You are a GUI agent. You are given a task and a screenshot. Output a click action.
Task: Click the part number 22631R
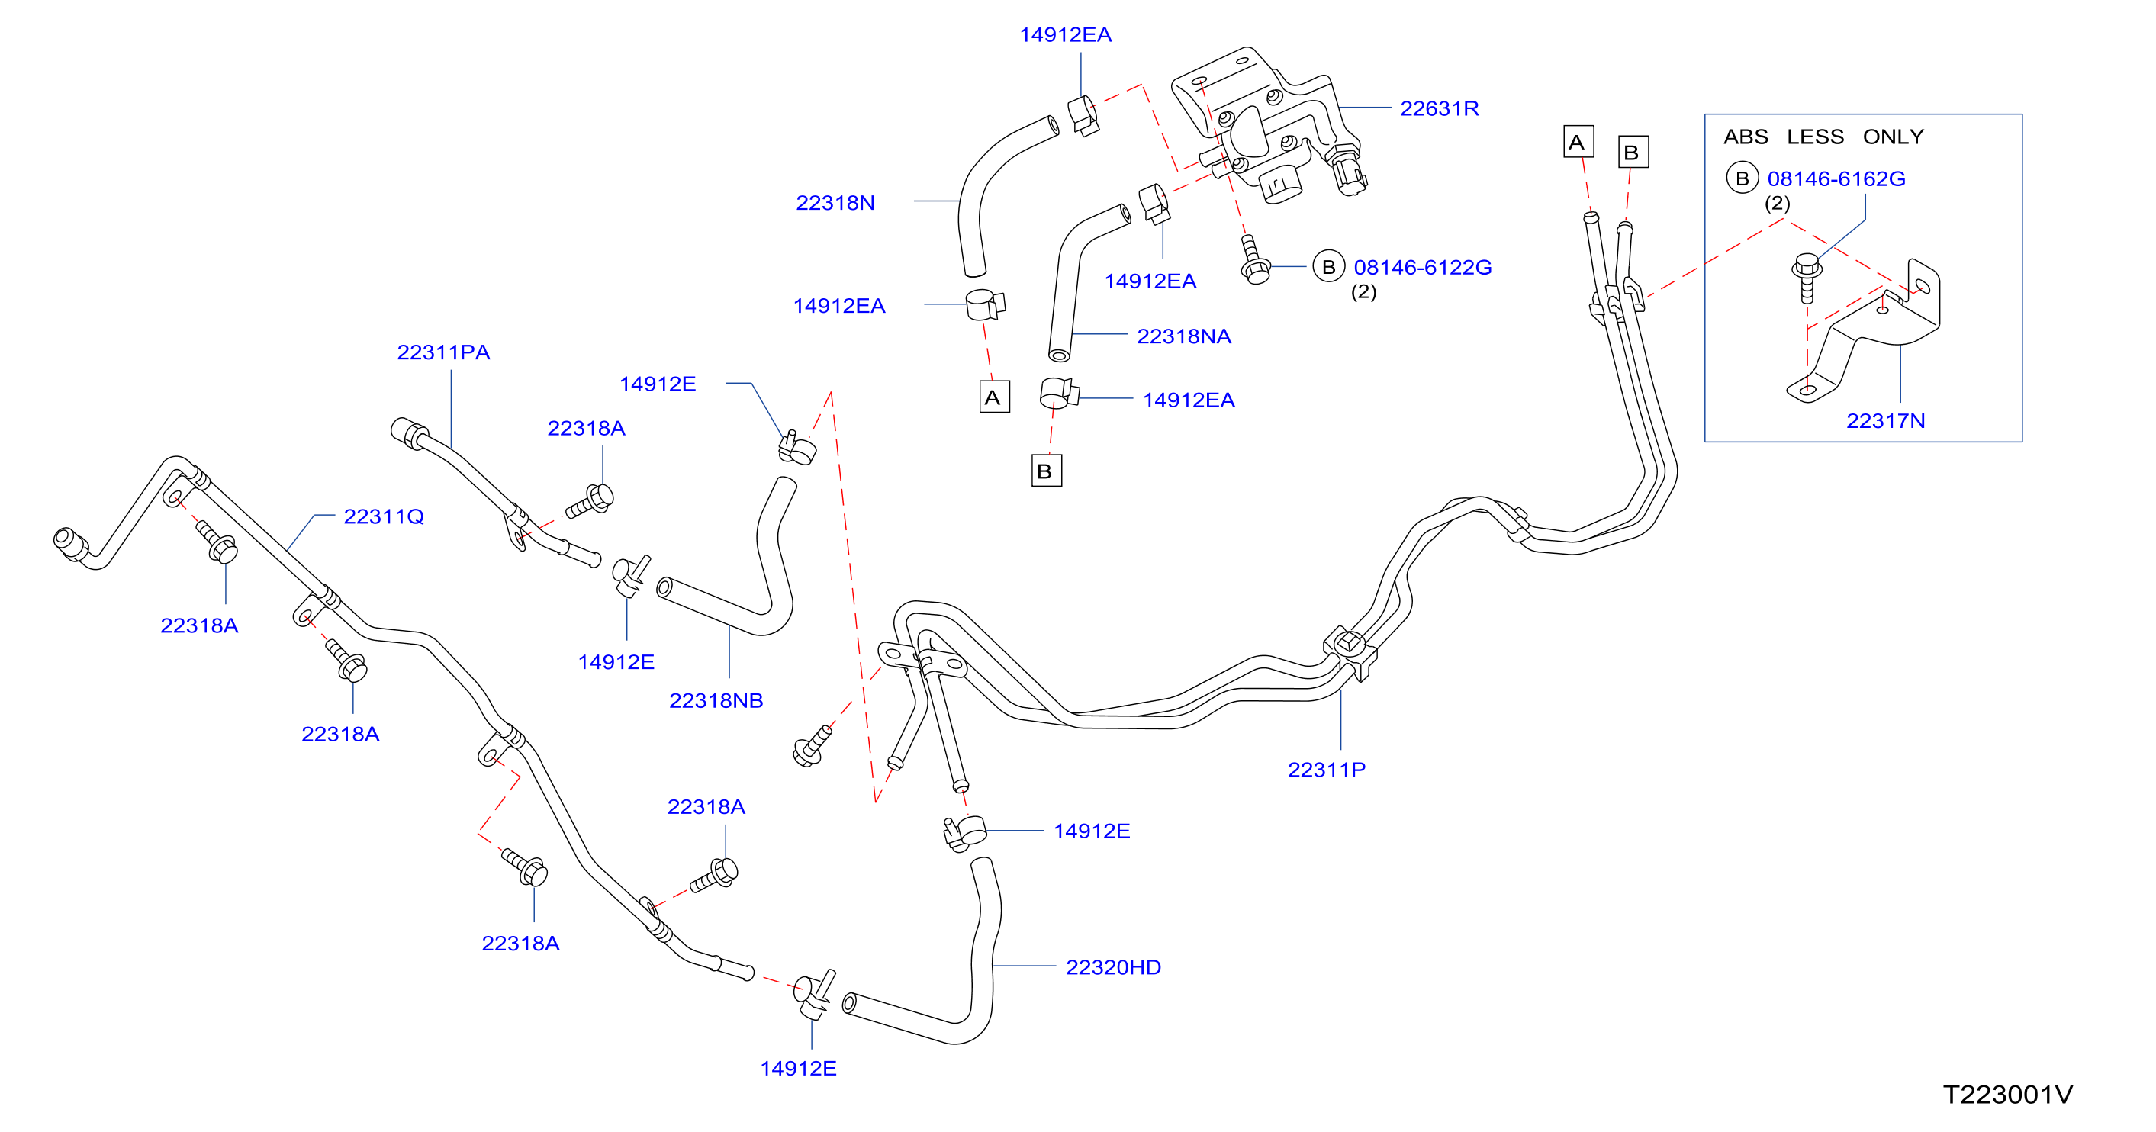[x=1439, y=109]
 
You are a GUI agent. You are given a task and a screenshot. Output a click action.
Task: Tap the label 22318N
[x=835, y=204]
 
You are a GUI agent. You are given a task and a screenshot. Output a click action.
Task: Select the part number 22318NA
[x=1183, y=336]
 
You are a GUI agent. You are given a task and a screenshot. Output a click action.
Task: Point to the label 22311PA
[x=442, y=352]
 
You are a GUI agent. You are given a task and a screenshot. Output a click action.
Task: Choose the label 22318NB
[x=716, y=701]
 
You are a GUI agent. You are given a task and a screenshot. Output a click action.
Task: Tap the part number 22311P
[x=1326, y=770]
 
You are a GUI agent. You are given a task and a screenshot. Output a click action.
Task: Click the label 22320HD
[x=1112, y=968]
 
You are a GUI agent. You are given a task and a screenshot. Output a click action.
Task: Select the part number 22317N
[x=1885, y=421]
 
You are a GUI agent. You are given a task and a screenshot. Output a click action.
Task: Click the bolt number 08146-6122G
[x=1422, y=268]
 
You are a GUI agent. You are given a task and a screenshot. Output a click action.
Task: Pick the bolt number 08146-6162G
[x=1836, y=179]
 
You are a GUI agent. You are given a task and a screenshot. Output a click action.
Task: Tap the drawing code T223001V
[x=2007, y=1095]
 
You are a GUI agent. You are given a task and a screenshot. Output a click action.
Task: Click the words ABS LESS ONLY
[x=1823, y=137]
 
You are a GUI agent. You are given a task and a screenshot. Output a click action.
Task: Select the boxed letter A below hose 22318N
[x=994, y=397]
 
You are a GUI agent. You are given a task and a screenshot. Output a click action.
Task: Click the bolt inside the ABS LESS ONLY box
[x=1807, y=278]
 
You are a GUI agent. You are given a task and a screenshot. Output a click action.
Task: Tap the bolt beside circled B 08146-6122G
[x=1253, y=260]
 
